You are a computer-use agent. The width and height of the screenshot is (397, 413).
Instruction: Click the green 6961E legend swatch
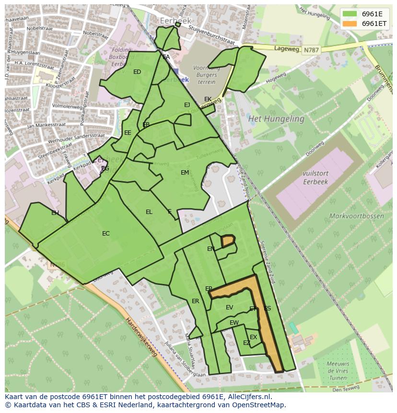(x=350, y=14)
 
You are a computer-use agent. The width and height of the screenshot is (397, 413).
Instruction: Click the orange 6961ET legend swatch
(x=350, y=24)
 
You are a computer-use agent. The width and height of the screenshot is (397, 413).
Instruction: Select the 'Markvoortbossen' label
(x=356, y=216)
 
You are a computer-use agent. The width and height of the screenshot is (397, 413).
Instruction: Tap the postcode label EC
(x=106, y=234)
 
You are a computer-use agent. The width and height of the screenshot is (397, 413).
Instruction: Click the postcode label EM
(x=185, y=173)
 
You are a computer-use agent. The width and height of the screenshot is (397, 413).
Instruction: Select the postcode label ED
(x=137, y=72)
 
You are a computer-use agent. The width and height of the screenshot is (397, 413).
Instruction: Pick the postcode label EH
(x=55, y=213)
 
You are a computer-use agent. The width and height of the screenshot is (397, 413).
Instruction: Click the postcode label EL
(x=149, y=212)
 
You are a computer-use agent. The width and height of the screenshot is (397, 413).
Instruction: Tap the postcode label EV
(x=229, y=307)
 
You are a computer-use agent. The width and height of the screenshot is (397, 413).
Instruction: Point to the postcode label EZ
(x=246, y=343)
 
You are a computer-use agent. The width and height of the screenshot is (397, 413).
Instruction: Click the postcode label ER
(x=195, y=301)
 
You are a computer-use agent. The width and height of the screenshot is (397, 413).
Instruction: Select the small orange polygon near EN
(x=228, y=240)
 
